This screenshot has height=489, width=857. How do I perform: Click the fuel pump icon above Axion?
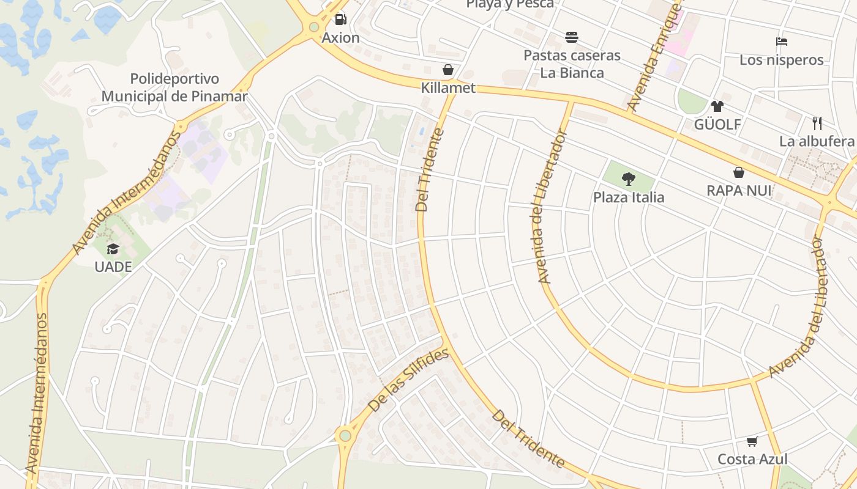tap(341, 19)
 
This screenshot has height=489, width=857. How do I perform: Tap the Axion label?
tap(341, 38)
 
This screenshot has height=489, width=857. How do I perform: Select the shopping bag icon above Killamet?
tap(448, 70)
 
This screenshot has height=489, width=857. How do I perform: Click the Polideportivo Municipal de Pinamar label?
tap(174, 87)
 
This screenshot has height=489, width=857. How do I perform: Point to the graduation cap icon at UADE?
tap(113, 249)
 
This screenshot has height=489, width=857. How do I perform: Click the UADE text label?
tap(113, 267)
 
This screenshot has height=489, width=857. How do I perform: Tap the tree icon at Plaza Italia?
tap(629, 179)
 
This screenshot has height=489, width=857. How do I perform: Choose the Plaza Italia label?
tap(629, 197)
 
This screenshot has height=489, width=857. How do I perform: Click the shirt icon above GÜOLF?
tap(717, 106)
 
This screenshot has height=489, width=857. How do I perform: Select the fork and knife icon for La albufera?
tap(817, 123)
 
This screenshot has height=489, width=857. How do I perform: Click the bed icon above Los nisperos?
tap(781, 42)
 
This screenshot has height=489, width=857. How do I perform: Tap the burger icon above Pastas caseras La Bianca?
tap(572, 37)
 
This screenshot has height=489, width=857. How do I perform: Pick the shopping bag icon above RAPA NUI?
tap(739, 172)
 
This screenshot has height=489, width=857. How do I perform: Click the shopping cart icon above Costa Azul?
tap(752, 441)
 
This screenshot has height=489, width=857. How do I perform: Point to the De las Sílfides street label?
tap(409, 380)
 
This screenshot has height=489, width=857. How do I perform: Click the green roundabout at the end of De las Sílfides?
tap(345, 436)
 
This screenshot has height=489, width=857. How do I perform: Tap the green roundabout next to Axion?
tap(314, 27)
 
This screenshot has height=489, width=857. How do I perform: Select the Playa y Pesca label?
tap(510, 4)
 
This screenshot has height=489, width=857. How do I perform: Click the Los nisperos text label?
tap(781, 60)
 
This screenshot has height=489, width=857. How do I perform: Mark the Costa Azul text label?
tap(752, 459)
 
